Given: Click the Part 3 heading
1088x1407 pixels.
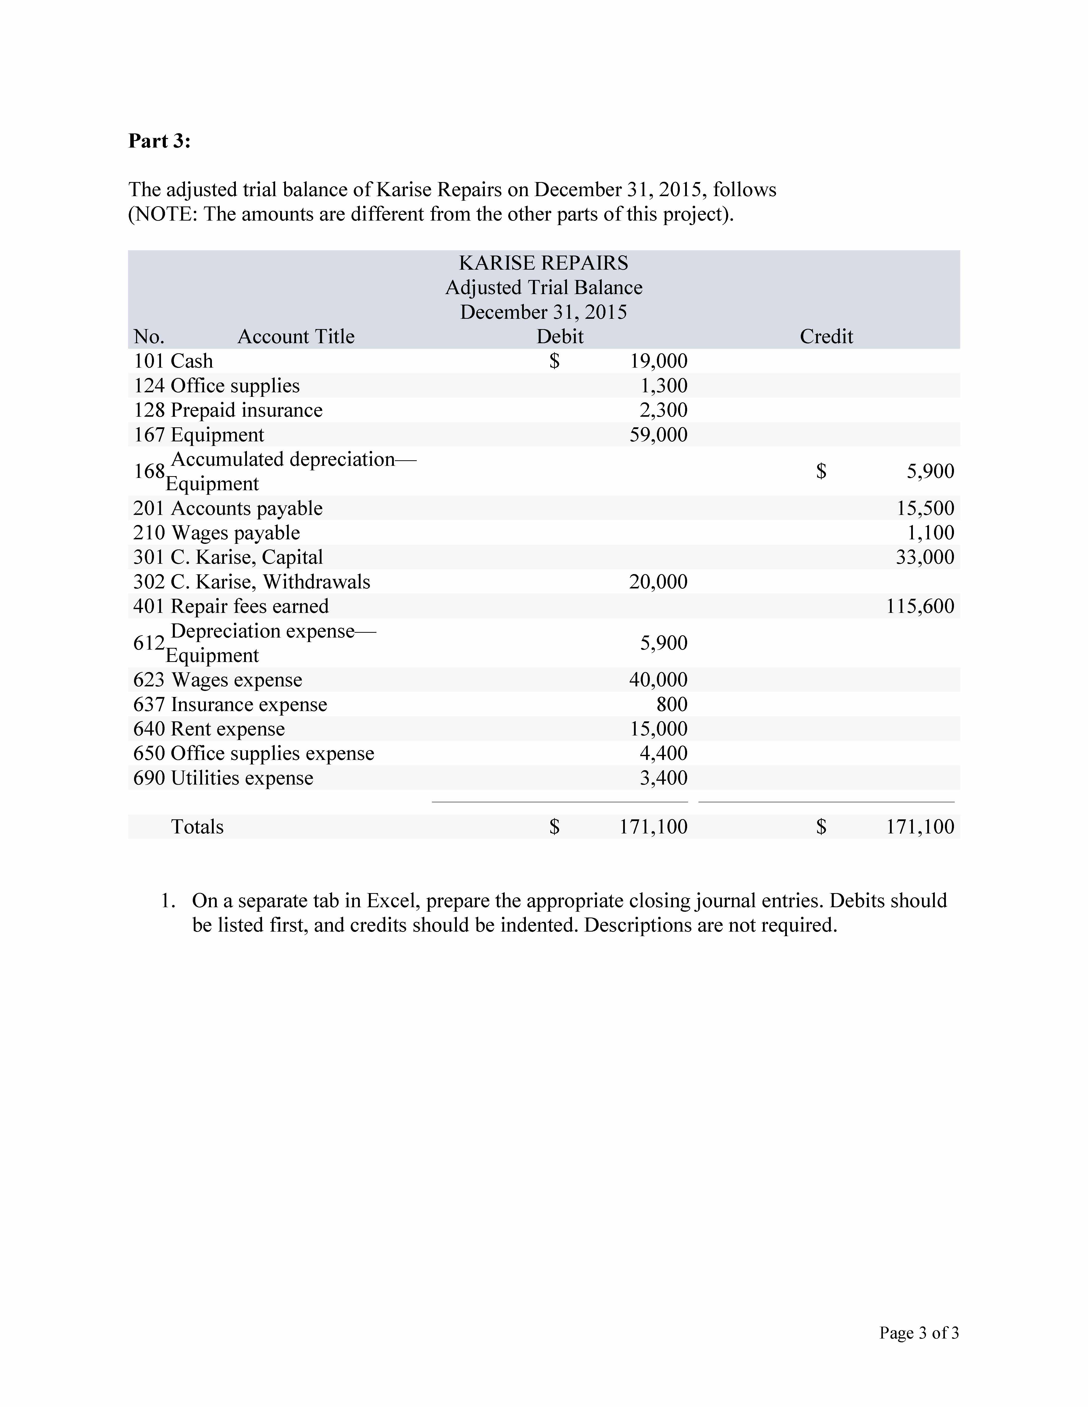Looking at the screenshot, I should pyautogui.click(x=159, y=140).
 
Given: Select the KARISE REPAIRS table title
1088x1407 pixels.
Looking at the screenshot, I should pyautogui.click(x=543, y=263).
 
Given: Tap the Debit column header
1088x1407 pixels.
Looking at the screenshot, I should pyautogui.click(x=559, y=336).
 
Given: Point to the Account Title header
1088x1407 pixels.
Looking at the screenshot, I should pyautogui.click(x=296, y=336).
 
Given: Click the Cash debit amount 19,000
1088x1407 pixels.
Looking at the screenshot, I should pyautogui.click(x=658, y=361).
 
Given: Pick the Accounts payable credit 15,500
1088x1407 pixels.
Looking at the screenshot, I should pyautogui.click(x=925, y=508).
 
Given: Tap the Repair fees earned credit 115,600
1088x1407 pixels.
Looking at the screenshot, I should pyautogui.click(x=920, y=606).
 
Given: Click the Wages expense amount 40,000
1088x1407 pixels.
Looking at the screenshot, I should pyautogui.click(x=658, y=680).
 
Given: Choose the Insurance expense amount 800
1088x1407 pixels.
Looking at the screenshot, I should pyautogui.click(x=671, y=704).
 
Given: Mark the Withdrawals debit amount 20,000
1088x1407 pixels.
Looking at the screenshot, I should pyautogui.click(x=658, y=582).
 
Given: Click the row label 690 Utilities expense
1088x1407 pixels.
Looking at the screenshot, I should pyautogui.click(x=223, y=778).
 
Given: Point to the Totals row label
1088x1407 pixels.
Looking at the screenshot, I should pyautogui.click(x=197, y=827).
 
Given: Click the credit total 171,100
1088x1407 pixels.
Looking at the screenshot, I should pyautogui.click(x=920, y=827).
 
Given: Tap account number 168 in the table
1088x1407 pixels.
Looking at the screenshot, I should pyautogui.click(x=149, y=472).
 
